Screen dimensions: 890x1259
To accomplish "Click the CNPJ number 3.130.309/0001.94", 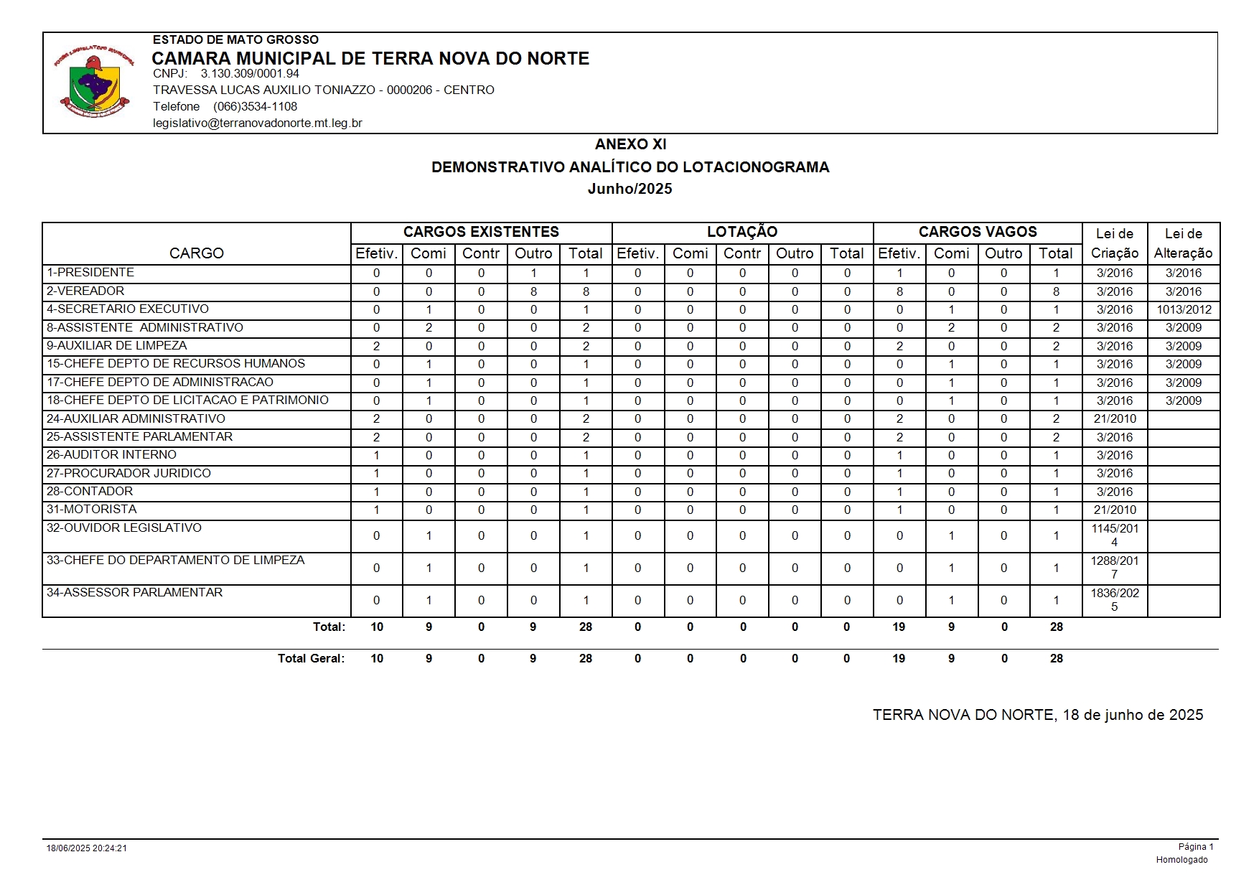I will pyautogui.click(x=250, y=74).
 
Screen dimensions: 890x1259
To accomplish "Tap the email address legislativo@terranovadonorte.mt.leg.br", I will pyautogui.click(x=257, y=123).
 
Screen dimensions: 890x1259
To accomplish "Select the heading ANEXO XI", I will pyautogui.click(x=630, y=144).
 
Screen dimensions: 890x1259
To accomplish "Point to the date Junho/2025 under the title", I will pyautogui.click(x=629, y=189).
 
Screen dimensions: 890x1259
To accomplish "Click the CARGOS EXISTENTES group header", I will pyautogui.click(x=481, y=232).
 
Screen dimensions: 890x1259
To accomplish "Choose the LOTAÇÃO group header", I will pyautogui.click(x=742, y=232).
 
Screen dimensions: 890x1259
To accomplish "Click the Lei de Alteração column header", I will pyautogui.click(x=1183, y=243).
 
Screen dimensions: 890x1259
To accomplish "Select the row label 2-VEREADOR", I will pyautogui.click(x=85, y=291).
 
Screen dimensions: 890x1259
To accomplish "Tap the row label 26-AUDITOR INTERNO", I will pyautogui.click(x=111, y=455).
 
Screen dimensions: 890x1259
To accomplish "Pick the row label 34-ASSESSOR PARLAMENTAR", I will pyautogui.click(x=134, y=593).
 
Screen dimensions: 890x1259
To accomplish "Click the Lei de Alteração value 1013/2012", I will pyautogui.click(x=1184, y=310).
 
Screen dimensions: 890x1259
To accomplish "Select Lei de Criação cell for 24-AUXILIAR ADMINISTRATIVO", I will pyautogui.click(x=1115, y=419).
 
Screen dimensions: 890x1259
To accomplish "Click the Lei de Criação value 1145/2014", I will pyautogui.click(x=1115, y=535).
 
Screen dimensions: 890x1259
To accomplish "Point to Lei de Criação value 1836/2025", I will pyautogui.click(x=1115, y=600).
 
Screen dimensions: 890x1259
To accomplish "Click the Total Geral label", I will pyautogui.click(x=311, y=659).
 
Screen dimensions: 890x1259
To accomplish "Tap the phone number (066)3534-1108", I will pyautogui.click(x=255, y=107).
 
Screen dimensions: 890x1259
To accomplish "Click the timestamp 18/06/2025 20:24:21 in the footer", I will pyautogui.click(x=87, y=848).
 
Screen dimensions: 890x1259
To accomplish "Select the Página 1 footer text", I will pyautogui.click(x=1195, y=847).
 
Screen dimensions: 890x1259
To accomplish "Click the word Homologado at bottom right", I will pyautogui.click(x=1181, y=860).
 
